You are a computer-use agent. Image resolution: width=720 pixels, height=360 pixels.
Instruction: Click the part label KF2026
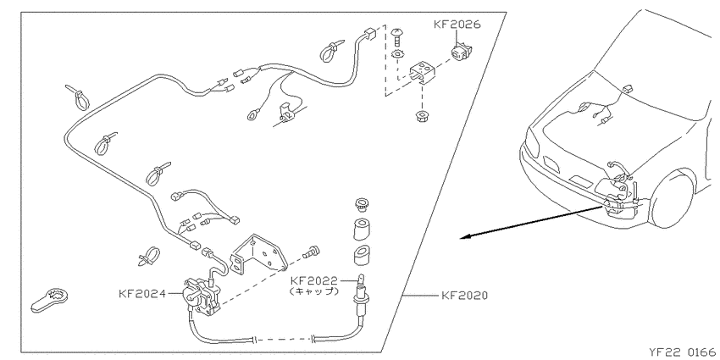pos(457,24)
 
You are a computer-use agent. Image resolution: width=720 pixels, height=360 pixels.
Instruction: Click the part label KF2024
pos(142,293)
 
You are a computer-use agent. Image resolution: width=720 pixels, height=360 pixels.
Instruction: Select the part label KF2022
pos(313,280)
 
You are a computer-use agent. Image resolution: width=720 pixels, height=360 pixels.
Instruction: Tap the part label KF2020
pos(464,296)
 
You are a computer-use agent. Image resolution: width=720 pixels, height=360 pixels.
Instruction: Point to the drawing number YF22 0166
pos(684,352)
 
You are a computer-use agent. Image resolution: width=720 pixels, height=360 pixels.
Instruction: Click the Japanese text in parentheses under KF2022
pos(314,291)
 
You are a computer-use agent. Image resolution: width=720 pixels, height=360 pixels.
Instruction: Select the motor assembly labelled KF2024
pos(202,296)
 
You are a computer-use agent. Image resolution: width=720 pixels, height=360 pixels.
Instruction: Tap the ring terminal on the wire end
pos(253,114)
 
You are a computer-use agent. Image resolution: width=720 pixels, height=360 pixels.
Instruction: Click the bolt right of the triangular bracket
pos(311,252)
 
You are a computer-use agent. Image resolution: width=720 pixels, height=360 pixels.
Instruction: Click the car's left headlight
pos(532,143)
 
